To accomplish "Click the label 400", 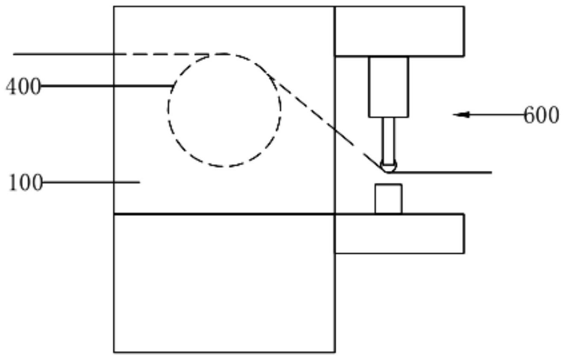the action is click(23, 87).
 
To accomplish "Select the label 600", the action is click(541, 115).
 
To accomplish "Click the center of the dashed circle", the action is click(224, 110).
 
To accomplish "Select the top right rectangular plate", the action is click(399, 31).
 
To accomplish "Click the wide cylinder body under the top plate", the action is click(388, 86).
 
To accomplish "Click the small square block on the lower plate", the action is click(388, 199).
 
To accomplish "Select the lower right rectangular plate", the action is click(399, 234).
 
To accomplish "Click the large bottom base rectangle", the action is click(224, 283).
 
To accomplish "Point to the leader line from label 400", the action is click(107, 86).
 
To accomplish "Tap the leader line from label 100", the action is click(92, 182).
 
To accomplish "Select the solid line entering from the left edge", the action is click(64, 54).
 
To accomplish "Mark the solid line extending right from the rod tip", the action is click(444, 173).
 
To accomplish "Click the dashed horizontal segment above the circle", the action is click(171, 54).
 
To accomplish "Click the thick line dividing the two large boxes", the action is click(224, 214).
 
